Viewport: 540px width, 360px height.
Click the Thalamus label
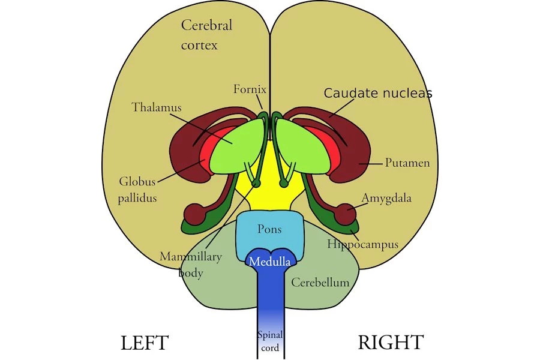(157, 108)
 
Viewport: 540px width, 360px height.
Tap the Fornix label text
(249, 89)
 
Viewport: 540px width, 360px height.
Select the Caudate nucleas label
(378, 94)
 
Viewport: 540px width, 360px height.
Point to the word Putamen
(407, 163)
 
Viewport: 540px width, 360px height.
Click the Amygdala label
(386, 198)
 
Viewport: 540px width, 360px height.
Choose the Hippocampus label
(362, 244)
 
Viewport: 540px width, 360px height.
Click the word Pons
(269, 229)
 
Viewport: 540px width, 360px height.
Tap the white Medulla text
(270, 262)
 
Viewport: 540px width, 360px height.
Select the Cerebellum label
(320, 282)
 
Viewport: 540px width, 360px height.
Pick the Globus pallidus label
(138, 189)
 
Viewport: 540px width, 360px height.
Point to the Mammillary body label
(191, 264)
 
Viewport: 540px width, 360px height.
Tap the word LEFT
(145, 343)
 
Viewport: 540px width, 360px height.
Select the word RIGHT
(391, 343)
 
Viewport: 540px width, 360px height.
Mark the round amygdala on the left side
(194, 213)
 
